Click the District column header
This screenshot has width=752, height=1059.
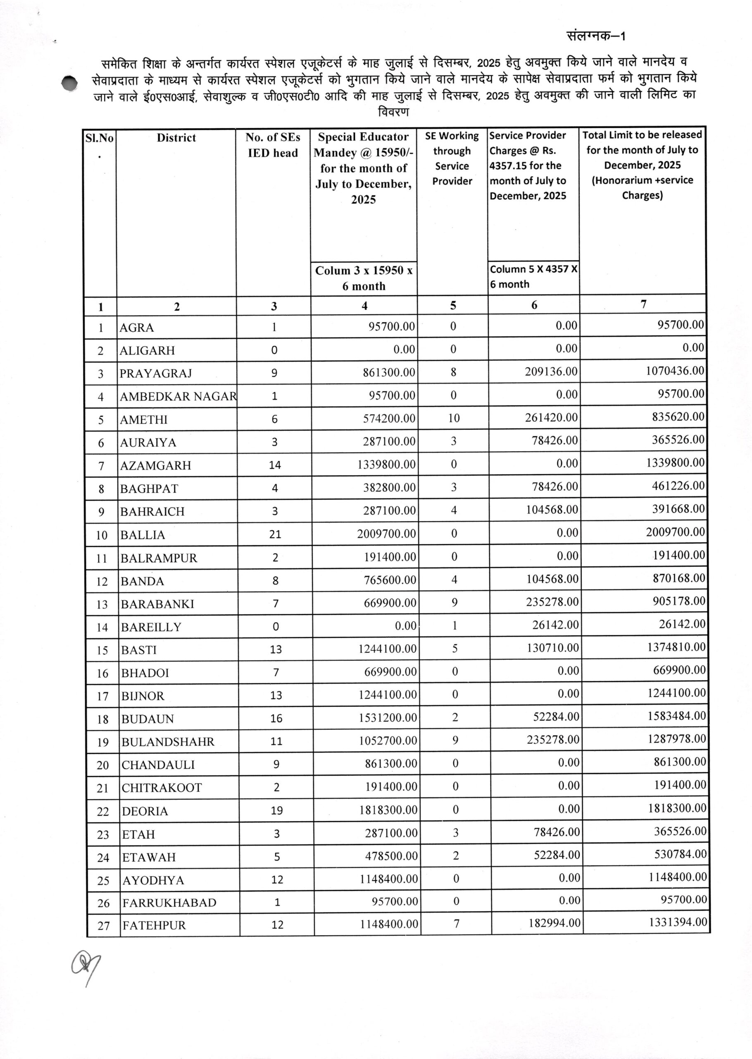(x=176, y=138)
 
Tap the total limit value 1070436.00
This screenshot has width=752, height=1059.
(x=675, y=371)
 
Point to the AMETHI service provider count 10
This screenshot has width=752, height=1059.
(x=453, y=418)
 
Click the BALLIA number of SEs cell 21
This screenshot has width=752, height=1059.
(x=275, y=534)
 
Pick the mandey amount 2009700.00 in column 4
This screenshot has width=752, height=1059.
(x=386, y=534)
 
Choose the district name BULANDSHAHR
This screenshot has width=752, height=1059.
(x=168, y=742)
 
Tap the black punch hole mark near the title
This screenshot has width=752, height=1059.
(x=70, y=83)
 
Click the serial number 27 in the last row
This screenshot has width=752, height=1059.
(x=103, y=925)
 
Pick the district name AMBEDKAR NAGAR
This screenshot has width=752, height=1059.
(x=178, y=397)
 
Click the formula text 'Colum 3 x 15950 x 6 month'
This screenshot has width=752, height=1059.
(x=364, y=278)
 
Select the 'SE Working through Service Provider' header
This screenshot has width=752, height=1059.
(x=452, y=158)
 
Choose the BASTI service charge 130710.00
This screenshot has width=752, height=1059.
(x=552, y=648)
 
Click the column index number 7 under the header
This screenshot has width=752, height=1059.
(x=643, y=304)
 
